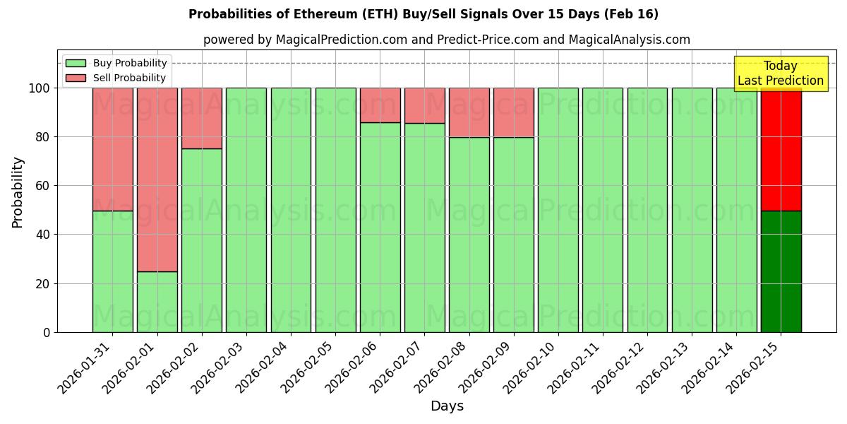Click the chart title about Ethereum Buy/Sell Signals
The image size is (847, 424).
click(x=423, y=14)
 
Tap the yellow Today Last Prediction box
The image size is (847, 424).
click(x=780, y=73)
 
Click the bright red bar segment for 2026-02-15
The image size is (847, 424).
click(x=781, y=149)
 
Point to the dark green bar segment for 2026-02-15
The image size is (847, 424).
click(x=781, y=271)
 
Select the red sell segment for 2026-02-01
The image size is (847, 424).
click(x=157, y=179)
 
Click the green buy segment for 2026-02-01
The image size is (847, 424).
click(x=157, y=302)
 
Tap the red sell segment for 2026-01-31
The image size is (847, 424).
click(x=112, y=149)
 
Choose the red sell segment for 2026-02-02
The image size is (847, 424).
click(x=202, y=118)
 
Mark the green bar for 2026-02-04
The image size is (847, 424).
click(x=291, y=210)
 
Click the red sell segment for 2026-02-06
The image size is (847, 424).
click(x=380, y=105)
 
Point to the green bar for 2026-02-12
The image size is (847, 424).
click(x=647, y=210)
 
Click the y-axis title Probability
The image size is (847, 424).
click(x=18, y=192)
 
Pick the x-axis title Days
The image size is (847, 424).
click(x=447, y=406)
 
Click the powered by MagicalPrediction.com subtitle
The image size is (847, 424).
click(x=446, y=40)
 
